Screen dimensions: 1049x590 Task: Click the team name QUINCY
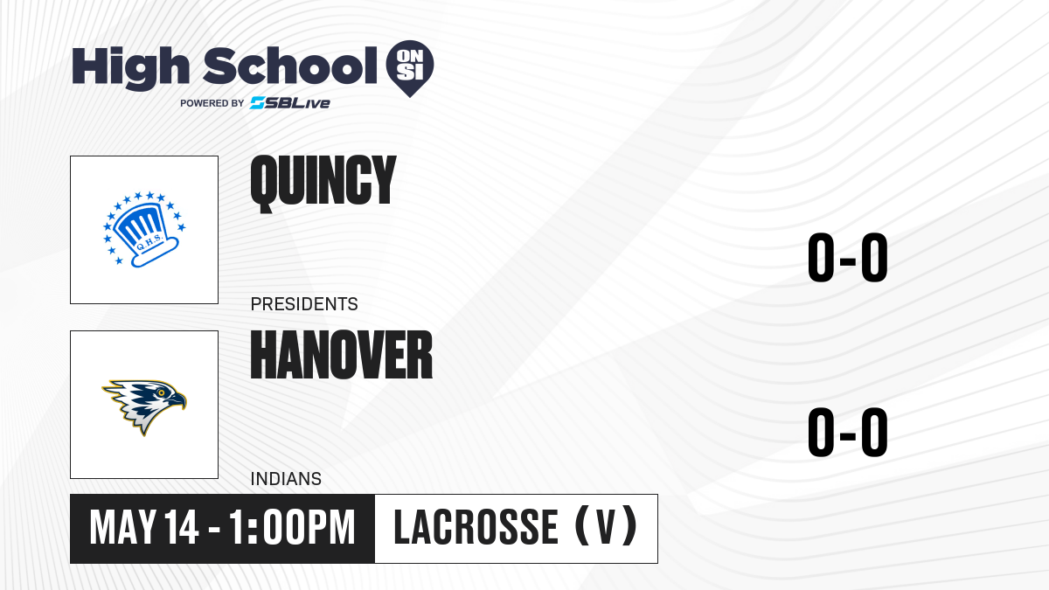pos(323,183)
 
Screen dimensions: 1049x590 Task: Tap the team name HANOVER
pos(342,355)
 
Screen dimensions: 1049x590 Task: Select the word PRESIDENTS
pos(304,304)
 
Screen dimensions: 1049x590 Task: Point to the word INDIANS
pos(286,479)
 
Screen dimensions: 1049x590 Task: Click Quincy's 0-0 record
pos(848,258)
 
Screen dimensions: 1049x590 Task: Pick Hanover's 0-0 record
pos(848,432)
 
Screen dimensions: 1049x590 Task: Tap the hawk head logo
pos(144,406)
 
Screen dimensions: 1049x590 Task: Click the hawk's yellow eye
pos(162,392)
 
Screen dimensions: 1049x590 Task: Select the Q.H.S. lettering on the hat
pos(149,244)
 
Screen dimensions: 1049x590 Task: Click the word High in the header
pos(130,67)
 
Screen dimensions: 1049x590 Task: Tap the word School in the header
pos(290,66)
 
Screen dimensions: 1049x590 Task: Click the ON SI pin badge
pos(410,68)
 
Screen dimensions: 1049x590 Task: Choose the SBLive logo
pos(290,103)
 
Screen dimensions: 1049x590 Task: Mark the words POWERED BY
pos(212,103)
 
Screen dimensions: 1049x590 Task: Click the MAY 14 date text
pos(144,528)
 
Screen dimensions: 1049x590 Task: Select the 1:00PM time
pos(292,528)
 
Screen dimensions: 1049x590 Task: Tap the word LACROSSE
pos(476,528)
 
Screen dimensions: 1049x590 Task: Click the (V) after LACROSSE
pos(606,526)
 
